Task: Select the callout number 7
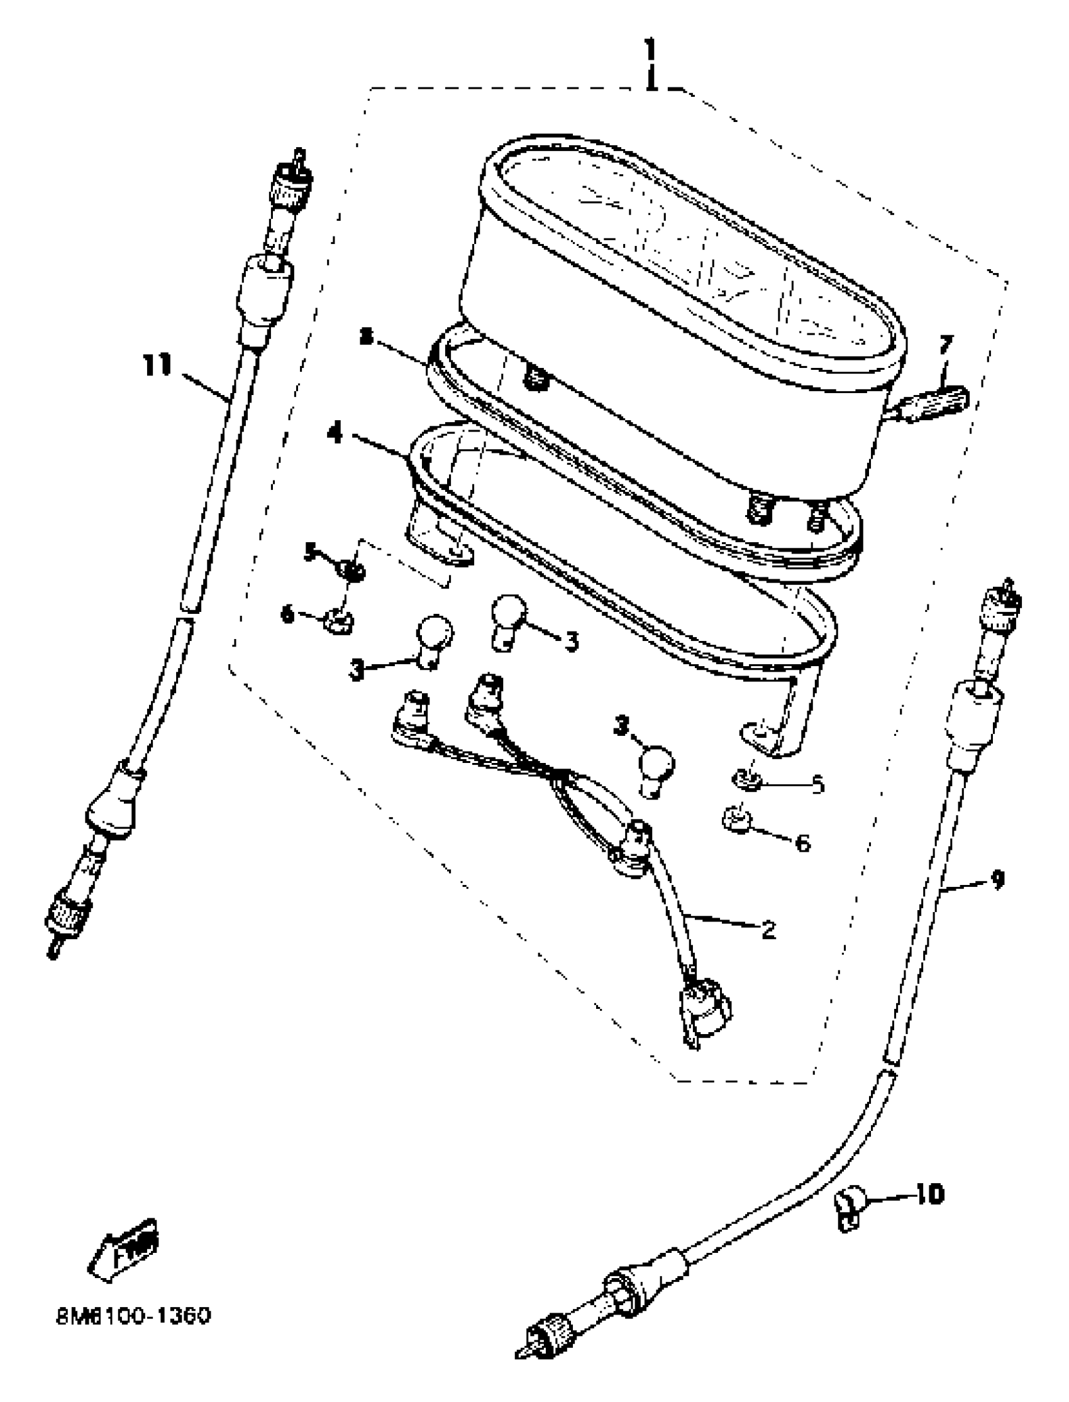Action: pyautogui.click(x=946, y=346)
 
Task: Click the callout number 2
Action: pyautogui.click(x=768, y=930)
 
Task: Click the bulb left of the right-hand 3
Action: pyautogui.click(x=507, y=621)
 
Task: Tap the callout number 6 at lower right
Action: pyautogui.click(x=804, y=844)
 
